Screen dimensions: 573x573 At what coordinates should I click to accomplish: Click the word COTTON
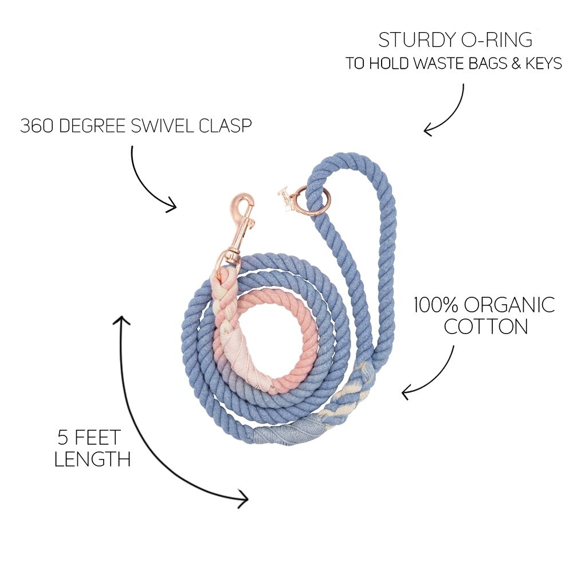click(486, 327)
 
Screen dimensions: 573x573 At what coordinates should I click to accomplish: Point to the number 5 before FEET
click(64, 438)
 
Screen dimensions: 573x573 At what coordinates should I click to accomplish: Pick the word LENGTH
click(92, 459)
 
